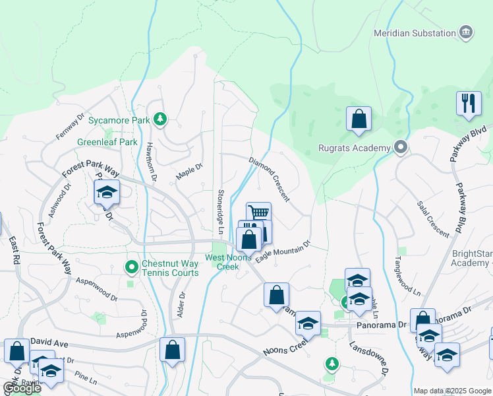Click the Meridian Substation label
coord(415,33)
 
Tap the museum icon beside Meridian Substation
coord(466,32)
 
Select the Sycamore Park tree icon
coord(159,119)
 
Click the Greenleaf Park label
coord(107,142)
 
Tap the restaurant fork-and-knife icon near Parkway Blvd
coord(469,104)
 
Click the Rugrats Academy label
coord(354,148)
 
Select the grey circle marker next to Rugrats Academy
coord(400,147)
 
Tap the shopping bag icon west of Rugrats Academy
coord(359,119)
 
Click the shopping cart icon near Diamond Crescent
coord(259,213)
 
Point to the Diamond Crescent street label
coord(268,180)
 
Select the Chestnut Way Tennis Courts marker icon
coord(131,267)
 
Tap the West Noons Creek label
coord(228,262)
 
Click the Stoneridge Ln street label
coord(220,212)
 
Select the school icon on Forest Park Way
coord(107,192)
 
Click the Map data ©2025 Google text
coord(451,390)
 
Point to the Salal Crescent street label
coord(434,217)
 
